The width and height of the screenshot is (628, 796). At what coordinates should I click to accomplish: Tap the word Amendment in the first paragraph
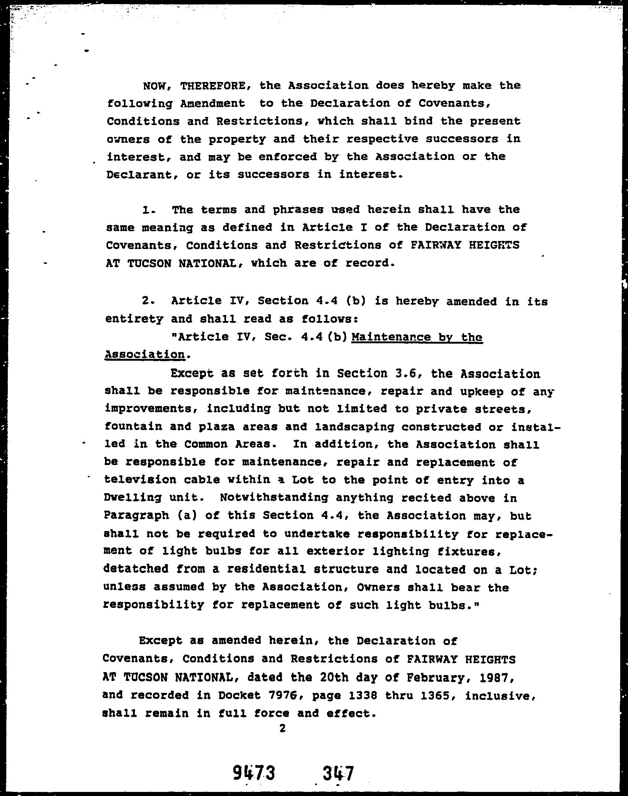212,104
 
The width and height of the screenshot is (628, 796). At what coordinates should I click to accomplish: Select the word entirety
134,319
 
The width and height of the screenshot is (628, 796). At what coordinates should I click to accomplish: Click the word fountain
133,426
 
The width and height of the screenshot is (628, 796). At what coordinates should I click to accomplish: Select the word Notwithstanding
274,498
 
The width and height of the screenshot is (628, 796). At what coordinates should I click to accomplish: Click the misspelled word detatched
136,569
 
